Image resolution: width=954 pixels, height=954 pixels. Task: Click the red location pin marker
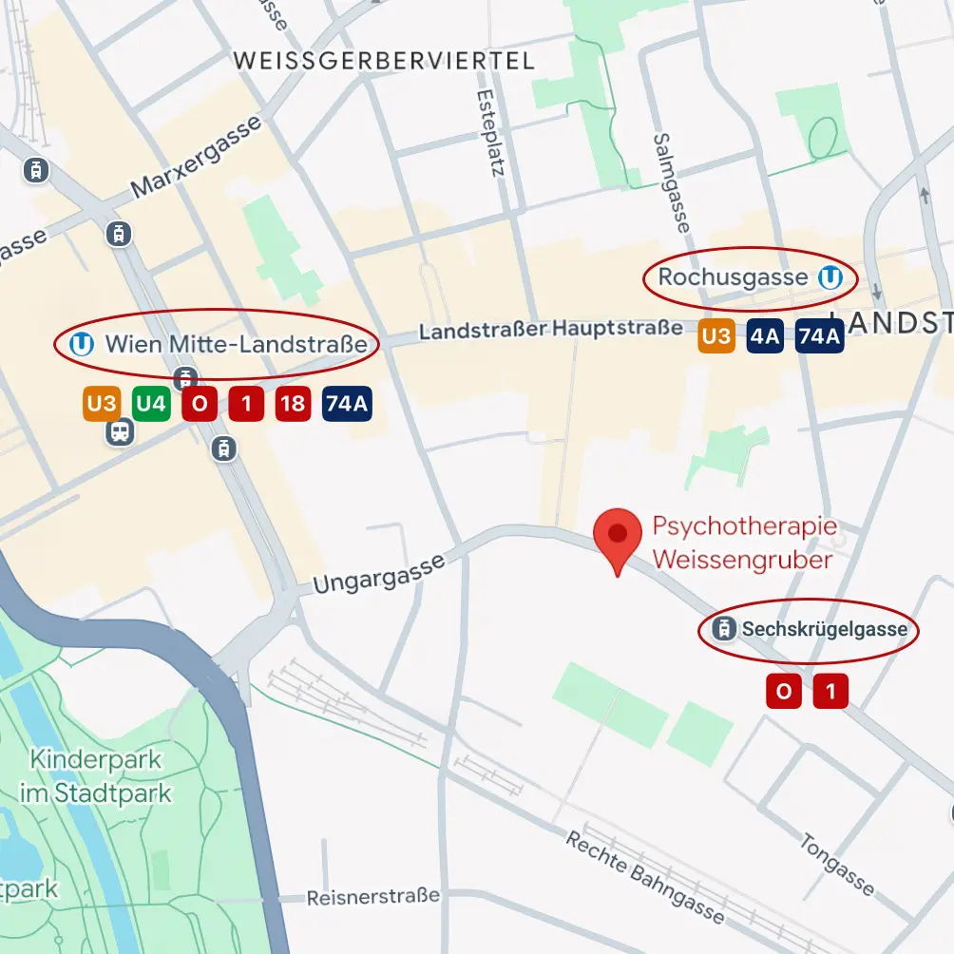point(618,539)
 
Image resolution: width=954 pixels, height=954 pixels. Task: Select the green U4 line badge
point(150,404)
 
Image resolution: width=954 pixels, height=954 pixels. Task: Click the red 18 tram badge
point(293,404)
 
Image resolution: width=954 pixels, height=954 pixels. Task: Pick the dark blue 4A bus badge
point(765,335)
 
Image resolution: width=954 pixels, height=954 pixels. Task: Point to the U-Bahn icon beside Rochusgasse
point(830,277)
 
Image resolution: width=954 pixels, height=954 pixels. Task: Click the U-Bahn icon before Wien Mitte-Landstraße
point(82,343)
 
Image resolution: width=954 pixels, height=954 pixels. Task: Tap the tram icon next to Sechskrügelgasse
point(726,629)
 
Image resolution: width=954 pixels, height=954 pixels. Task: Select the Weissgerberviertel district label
point(384,61)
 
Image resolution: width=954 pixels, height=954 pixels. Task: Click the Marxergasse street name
point(196,158)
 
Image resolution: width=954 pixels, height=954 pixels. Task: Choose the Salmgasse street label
point(669,181)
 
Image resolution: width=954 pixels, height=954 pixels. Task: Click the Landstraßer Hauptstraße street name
point(550,330)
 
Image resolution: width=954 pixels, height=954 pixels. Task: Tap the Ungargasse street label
point(378,575)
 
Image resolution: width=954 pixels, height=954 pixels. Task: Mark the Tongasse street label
point(836,864)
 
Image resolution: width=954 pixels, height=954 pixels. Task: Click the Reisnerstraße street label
point(373,896)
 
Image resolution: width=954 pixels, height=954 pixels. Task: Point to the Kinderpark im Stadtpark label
point(96,776)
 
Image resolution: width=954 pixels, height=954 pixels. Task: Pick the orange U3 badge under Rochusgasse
point(716,335)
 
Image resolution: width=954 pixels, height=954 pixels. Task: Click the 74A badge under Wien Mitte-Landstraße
point(347,404)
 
